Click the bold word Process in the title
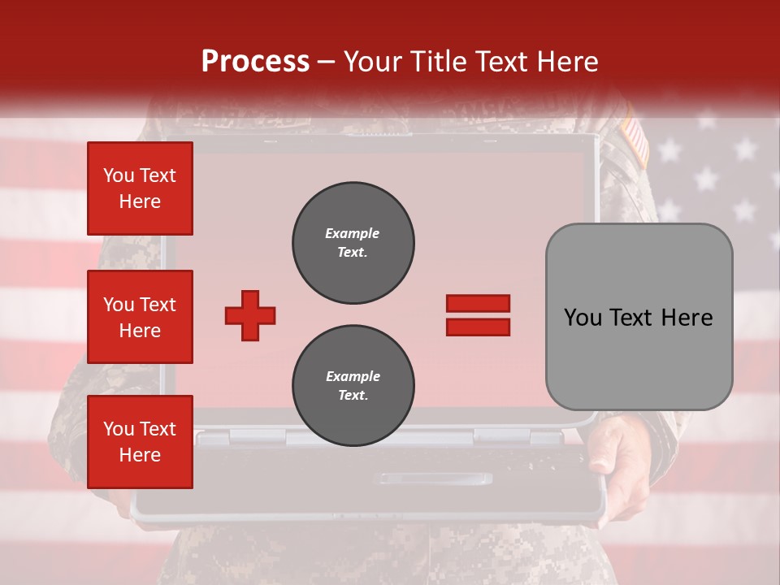point(255,62)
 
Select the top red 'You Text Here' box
point(140,188)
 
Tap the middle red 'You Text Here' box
point(140,317)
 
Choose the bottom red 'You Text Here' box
point(140,442)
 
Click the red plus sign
point(250,315)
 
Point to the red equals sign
point(478,315)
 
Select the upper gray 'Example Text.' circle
point(353,243)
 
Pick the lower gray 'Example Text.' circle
point(353,386)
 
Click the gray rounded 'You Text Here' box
point(639,317)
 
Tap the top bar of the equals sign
point(478,303)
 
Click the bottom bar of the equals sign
point(478,327)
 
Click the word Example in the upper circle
point(353,233)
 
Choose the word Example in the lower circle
point(353,376)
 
